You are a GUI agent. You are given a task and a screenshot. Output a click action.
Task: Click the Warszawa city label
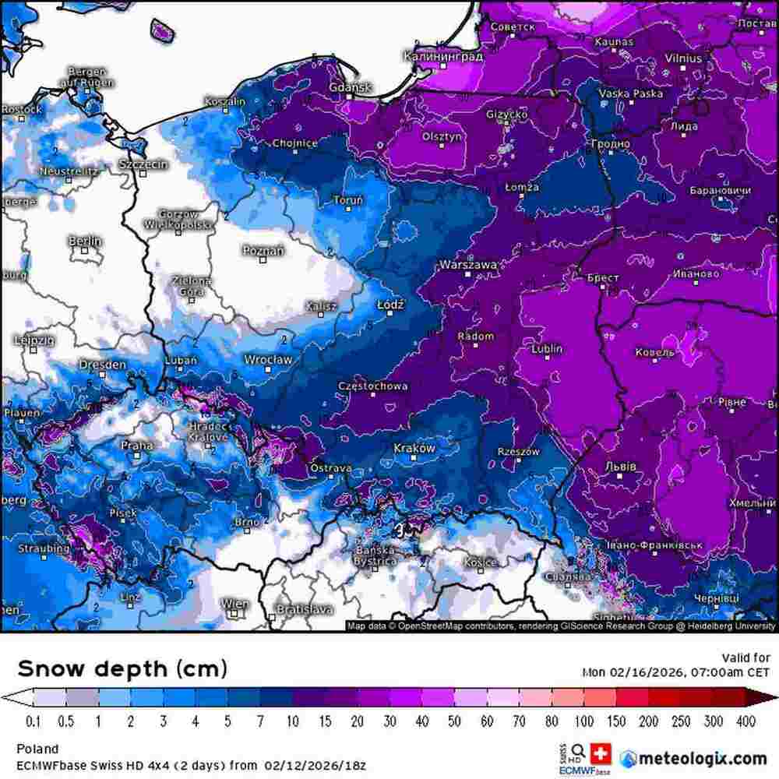(468, 266)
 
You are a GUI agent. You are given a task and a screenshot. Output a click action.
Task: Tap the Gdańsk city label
(351, 87)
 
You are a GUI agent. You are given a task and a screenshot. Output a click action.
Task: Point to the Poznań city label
(263, 250)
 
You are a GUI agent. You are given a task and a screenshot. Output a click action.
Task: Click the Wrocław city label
(268, 360)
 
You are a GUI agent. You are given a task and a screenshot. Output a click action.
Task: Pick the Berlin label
(85, 241)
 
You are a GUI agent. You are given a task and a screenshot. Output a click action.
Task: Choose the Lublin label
(547, 349)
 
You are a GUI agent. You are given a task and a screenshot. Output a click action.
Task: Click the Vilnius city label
(683, 58)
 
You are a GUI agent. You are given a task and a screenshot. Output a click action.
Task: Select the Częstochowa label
(372, 386)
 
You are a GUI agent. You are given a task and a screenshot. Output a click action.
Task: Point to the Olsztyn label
(442, 136)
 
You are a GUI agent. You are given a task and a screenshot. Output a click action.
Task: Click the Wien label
(234, 604)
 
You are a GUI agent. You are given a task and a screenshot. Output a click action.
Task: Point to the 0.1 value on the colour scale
(33, 722)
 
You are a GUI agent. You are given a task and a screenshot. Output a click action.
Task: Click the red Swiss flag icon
(601, 753)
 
